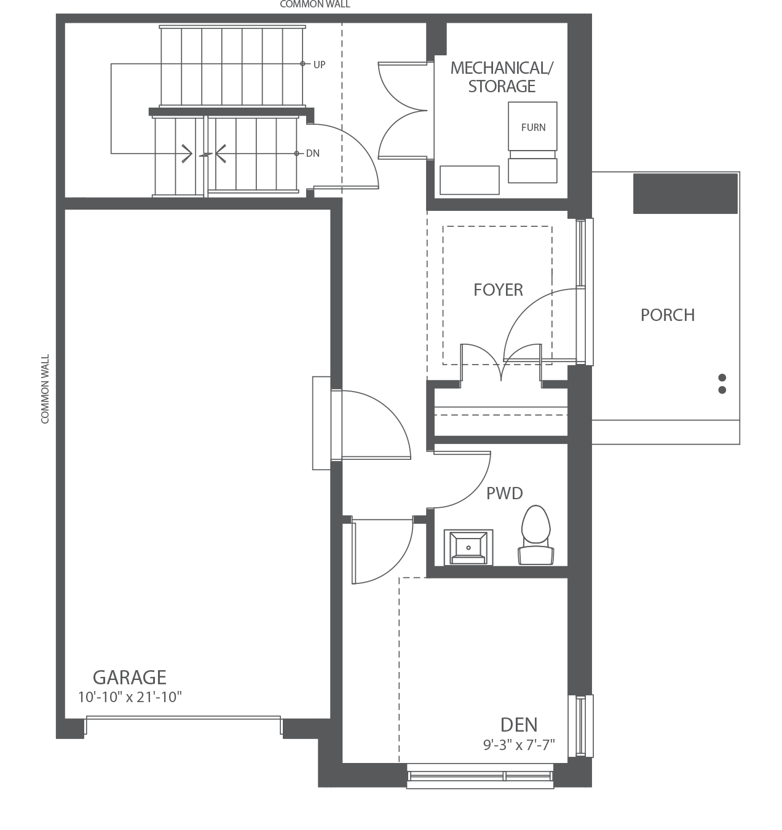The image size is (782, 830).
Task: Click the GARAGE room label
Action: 130,677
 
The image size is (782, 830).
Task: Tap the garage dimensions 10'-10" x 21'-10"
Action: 130,697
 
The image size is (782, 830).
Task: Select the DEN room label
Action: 519,725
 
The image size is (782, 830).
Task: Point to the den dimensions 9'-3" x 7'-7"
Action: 519,745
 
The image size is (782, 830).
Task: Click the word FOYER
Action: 498,290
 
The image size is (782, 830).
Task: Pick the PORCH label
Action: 668,315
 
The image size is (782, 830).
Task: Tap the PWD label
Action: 505,493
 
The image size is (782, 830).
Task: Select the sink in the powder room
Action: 468,547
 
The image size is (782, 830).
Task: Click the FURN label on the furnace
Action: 533,127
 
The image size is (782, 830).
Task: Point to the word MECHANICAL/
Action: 502,68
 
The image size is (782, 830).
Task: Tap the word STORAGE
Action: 502,86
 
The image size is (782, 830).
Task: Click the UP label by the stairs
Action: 319,65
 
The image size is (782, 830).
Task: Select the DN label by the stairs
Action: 313,153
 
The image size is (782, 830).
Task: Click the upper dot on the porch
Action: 722,377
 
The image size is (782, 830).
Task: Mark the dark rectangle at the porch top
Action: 685,194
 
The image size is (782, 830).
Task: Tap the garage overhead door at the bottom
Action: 183,719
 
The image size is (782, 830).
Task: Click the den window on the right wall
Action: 580,726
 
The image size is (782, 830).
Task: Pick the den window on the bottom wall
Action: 480,775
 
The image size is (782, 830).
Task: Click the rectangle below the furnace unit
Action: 532,170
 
